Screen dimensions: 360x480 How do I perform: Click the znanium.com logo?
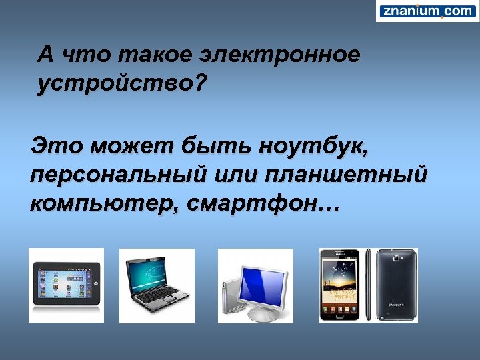tap(427, 11)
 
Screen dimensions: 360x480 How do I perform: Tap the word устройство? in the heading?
tap(123, 85)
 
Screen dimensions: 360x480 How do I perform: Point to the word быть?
tap(217, 145)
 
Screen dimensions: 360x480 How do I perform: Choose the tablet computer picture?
tap(66, 285)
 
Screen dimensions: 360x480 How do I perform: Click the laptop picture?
tap(157, 285)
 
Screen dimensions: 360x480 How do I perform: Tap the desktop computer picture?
tap(255, 285)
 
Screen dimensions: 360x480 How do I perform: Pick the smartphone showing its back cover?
tap(397, 285)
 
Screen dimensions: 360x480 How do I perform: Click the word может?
tap(136, 145)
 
